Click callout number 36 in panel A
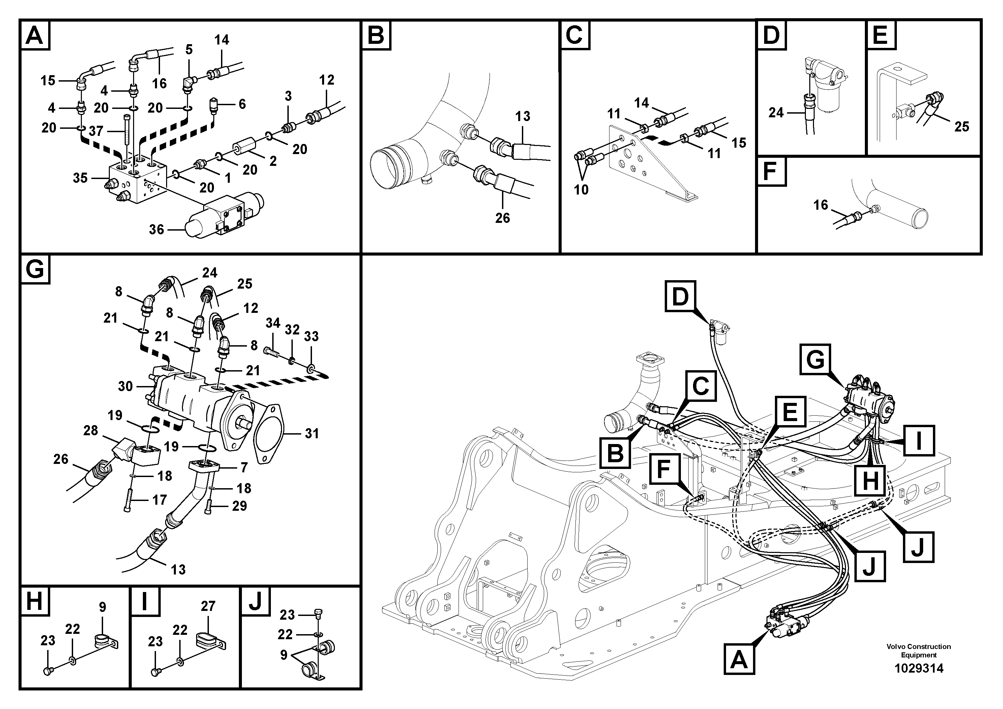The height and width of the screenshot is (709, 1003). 156,230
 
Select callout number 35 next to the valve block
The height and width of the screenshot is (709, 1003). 81,178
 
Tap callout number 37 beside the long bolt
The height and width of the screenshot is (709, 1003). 96,131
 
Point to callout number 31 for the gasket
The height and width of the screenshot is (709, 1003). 311,434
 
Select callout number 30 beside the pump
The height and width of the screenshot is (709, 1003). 125,386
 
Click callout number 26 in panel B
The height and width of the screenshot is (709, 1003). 502,218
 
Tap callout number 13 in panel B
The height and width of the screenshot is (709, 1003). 523,116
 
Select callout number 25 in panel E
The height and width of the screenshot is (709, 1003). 962,127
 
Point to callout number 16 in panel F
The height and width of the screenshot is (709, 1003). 820,205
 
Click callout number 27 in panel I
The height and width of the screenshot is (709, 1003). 208,606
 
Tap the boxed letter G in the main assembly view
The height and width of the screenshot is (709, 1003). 815,359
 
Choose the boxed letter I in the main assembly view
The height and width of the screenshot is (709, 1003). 919,441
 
